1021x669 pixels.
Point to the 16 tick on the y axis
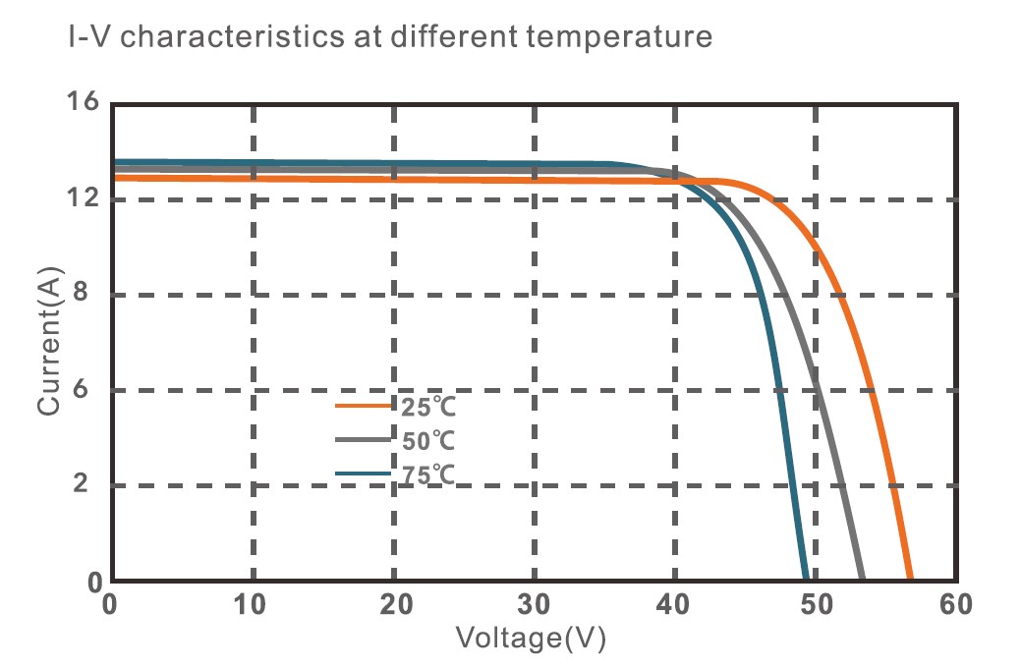[x=84, y=102]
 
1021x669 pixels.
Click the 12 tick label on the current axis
[x=84, y=198]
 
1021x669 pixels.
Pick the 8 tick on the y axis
[x=92, y=294]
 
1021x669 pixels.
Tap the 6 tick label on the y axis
[x=92, y=390]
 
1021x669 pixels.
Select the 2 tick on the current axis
[x=92, y=485]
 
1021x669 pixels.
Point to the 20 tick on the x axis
[x=393, y=605]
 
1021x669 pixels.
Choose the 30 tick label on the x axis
[x=534, y=605]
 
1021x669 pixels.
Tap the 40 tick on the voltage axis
[x=674, y=605]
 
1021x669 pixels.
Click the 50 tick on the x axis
[x=815, y=605]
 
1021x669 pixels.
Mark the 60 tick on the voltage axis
[x=952, y=605]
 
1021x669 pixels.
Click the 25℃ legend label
[x=428, y=406]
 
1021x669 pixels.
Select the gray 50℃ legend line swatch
[x=366, y=439]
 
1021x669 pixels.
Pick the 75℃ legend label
[x=428, y=475]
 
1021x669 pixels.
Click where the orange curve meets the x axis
[x=910, y=580]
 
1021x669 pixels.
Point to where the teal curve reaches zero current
[x=806, y=580]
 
